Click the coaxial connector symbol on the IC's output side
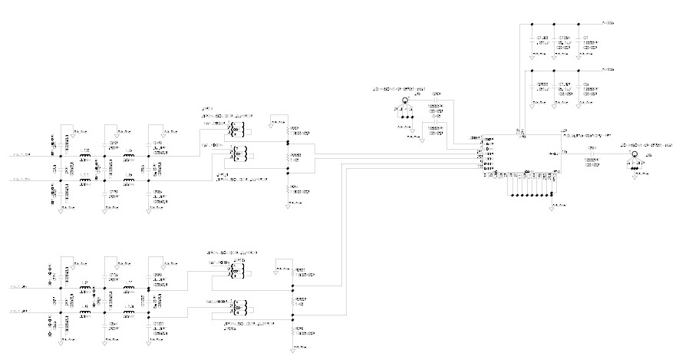(x=634, y=157)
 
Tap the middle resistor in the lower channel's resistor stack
(x=293, y=302)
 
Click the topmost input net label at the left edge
(x=21, y=155)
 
